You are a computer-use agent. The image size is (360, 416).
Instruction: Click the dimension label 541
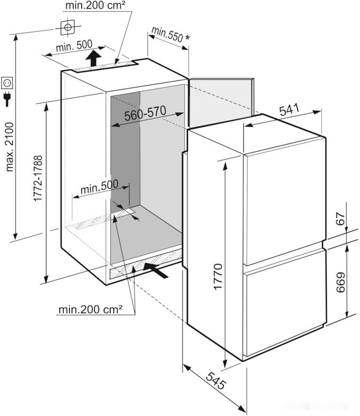288,110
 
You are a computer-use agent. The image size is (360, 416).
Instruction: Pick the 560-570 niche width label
145,114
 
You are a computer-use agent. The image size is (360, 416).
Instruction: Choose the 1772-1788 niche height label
38,178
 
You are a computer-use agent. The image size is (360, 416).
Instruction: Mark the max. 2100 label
10,146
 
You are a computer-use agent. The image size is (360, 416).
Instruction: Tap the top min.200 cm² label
96,6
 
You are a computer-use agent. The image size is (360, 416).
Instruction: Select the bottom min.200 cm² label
91,309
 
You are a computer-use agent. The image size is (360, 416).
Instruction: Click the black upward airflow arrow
94,58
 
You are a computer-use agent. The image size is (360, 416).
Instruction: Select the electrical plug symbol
7,99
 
